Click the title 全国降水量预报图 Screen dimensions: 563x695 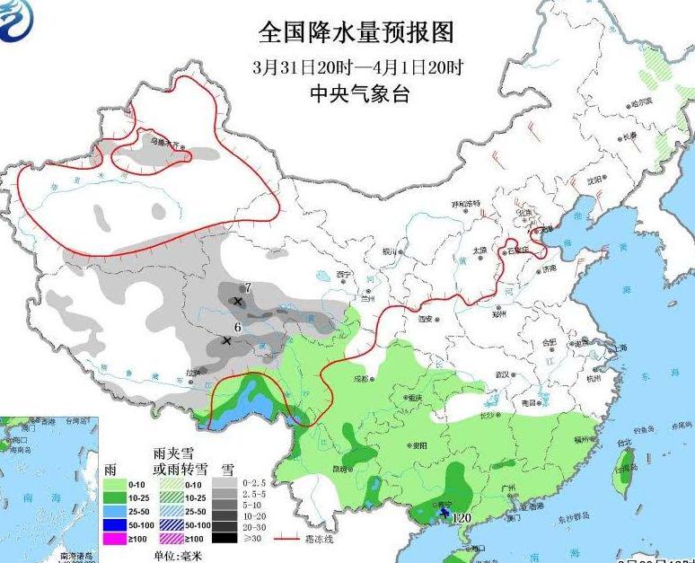click(x=356, y=33)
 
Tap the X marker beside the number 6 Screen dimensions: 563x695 click(x=226, y=341)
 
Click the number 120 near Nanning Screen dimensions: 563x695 click(x=462, y=518)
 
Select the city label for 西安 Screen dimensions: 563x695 click(x=426, y=319)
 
